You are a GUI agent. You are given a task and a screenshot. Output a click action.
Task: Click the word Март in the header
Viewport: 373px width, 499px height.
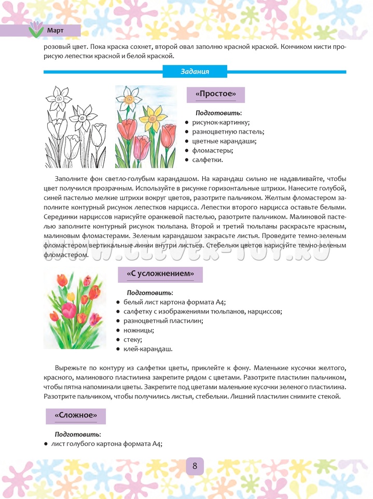55,30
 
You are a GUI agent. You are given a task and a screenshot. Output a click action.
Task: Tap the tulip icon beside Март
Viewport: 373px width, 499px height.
36,30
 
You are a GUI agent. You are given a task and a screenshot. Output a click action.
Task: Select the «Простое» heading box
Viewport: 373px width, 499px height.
215,95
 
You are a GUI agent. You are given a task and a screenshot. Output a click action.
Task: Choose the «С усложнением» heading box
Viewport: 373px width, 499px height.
160,274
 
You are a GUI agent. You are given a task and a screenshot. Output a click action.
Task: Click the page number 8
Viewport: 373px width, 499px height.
195,466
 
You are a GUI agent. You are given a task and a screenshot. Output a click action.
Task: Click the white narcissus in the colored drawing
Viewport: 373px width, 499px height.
129,97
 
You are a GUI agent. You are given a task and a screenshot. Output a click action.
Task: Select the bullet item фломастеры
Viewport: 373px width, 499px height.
212,151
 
